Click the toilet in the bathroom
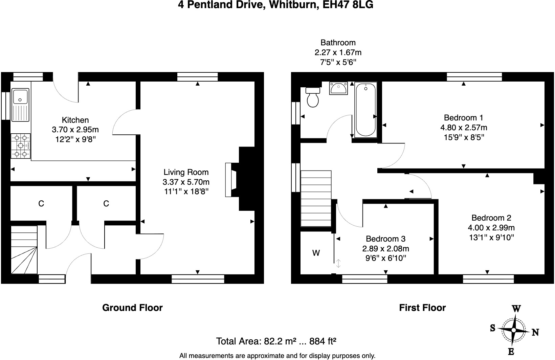pyautogui.click(x=312, y=98)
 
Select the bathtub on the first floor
pyautogui.click(x=365, y=109)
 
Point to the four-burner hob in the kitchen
pyautogui.click(x=21, y=146)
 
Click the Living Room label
pyautogui.click(x=186, y=172)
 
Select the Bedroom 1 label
pyautogui.click(x=463, y=118)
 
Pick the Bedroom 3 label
pyautogui.click(x=385, y=239)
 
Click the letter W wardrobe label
pyautogui.click(x=316, y=253)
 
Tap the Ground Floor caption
pyautogui.click(x=132, y=308)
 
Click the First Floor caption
pyautogui.click(x=422, y=308)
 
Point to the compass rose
pyautogui.click(x=514, y=330)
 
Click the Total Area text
pyautogui.click(x=276, y=341)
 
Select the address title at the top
pyautogui.click(x=275, y=5)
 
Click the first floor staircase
pyautogui.click(x=316, y=199)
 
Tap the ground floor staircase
pyautogui.click(x=24, y=250)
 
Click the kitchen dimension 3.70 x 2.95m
pyautogui.click(x=75, y=130)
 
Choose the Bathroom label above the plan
pyautogui.click(x=338, y=43)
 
